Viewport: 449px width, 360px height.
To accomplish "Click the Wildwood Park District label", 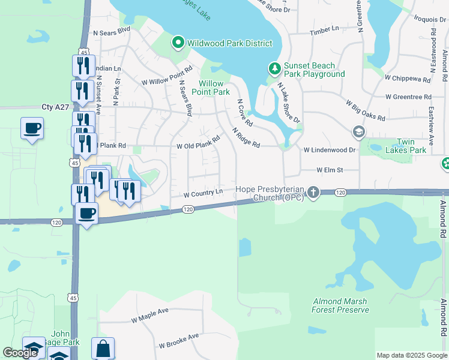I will [x=230, y=43].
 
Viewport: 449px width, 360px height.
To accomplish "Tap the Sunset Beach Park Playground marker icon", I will [x=274, y=68].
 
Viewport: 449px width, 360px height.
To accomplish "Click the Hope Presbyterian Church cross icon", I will [x=313, y=193].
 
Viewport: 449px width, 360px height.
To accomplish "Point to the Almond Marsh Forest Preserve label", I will [x=340, y=305].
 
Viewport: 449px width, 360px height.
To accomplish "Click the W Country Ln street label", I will [x=203, y=194].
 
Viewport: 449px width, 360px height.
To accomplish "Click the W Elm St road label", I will [x=330, y=170].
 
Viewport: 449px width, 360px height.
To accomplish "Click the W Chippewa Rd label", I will [x=408, y=79].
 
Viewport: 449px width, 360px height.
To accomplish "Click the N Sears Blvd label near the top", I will [x=112, y=29].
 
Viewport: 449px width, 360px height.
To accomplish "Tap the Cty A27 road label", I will [x=56, y=107].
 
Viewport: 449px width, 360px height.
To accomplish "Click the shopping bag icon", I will [x=103, y=348].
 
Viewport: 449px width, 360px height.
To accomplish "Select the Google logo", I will [x=20, y=353].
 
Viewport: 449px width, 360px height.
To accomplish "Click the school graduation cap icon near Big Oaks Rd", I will [x=358, y=131].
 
